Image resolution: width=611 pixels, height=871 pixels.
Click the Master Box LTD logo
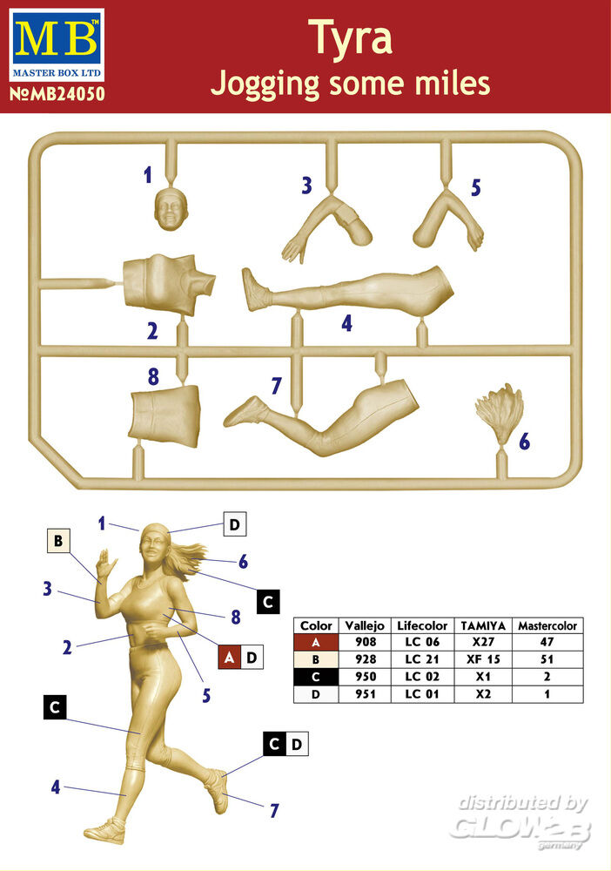coord(57,45)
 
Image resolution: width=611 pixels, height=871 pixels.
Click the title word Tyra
coord(351,37)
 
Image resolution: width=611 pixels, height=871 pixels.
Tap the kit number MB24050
coord(57,94)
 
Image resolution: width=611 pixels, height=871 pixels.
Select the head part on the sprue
coord(171,209)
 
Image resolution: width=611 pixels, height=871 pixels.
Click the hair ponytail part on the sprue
coord(500,413)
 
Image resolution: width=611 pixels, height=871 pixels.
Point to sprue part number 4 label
coord(347,323)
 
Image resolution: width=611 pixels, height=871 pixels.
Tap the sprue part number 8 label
coord(154,376)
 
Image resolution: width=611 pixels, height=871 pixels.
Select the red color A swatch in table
coord(316,642)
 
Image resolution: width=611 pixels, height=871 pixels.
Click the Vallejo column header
coord(365,625)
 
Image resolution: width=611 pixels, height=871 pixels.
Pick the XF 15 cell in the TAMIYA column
coord(483,659)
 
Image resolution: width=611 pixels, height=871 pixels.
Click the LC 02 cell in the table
coord(422,677)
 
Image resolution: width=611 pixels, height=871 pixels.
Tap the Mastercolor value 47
coord(547,642)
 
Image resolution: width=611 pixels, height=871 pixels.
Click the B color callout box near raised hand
coord(58,541)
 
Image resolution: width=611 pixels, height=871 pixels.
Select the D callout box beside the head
coord(234,523)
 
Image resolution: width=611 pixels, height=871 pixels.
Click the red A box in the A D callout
coord(229,658)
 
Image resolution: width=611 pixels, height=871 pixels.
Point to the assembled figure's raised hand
coord(105,565)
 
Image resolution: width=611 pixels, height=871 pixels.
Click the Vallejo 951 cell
coord(366,694)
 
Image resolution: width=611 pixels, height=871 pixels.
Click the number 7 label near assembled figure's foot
coord(274,810)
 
